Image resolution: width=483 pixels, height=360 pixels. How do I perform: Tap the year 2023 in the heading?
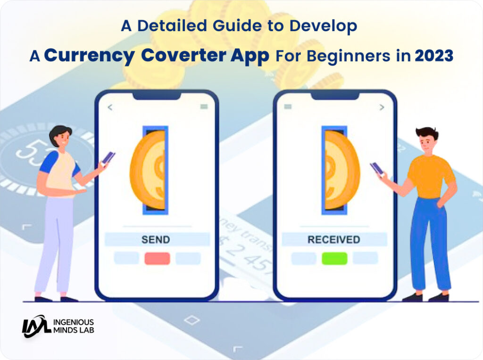click(434, 56)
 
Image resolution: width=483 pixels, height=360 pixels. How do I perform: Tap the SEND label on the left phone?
click(156, 239)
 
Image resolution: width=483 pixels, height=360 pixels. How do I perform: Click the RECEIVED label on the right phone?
click(333, 239)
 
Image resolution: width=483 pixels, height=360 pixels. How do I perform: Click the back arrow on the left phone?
click(110, 107)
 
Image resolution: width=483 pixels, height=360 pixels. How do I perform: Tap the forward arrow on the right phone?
click(382, 107)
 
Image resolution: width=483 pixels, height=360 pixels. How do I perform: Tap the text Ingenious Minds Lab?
click(74, 326)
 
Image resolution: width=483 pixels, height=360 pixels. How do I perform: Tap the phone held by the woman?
click(108, 157)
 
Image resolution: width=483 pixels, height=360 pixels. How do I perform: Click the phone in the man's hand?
click(376, 169)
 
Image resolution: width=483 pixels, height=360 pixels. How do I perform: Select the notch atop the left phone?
click(157, 95)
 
